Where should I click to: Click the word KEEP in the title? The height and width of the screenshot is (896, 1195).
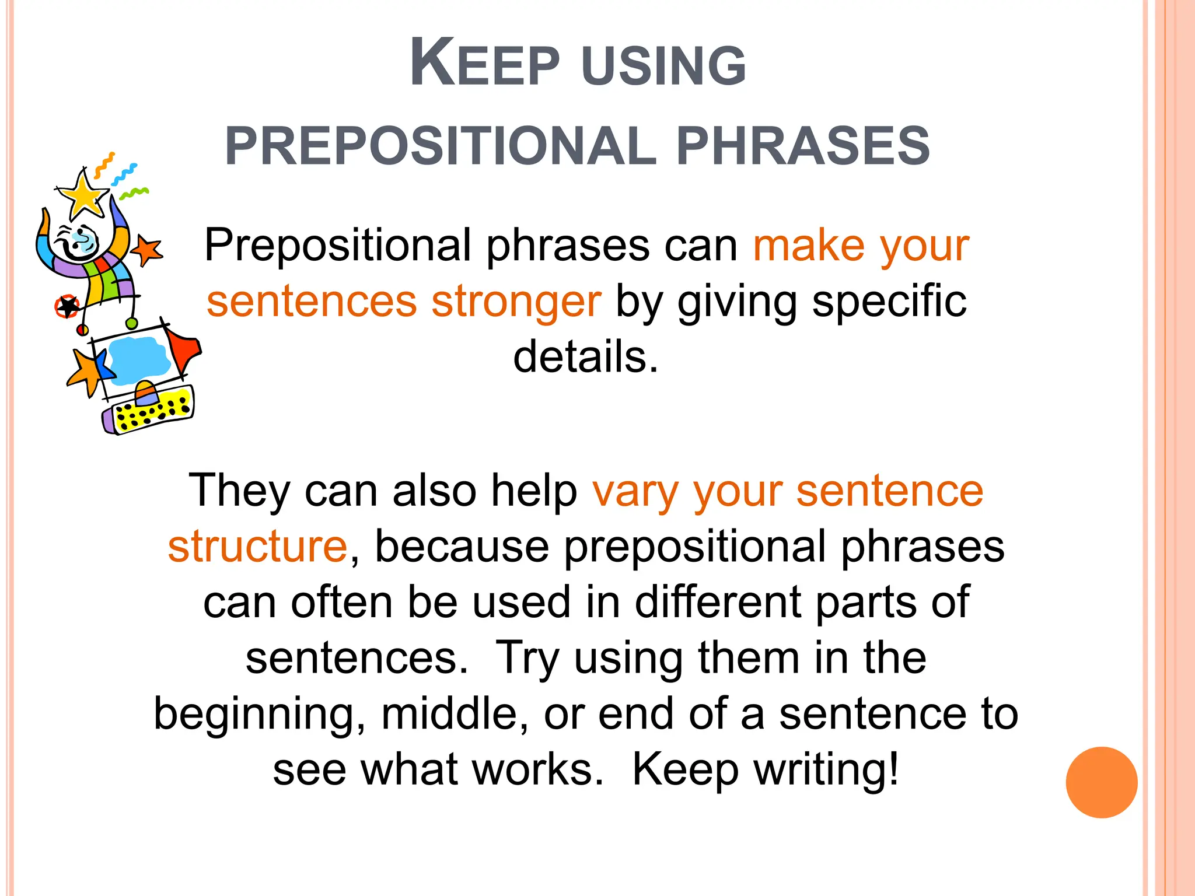[484, 64]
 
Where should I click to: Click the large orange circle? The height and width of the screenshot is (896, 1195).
[1101, 782]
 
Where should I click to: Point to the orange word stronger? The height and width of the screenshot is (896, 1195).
[516, 302]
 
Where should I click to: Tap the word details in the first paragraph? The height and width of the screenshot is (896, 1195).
[585, 357]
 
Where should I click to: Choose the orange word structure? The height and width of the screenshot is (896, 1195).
[257, 547]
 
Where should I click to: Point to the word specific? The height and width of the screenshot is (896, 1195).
[889, 302]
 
